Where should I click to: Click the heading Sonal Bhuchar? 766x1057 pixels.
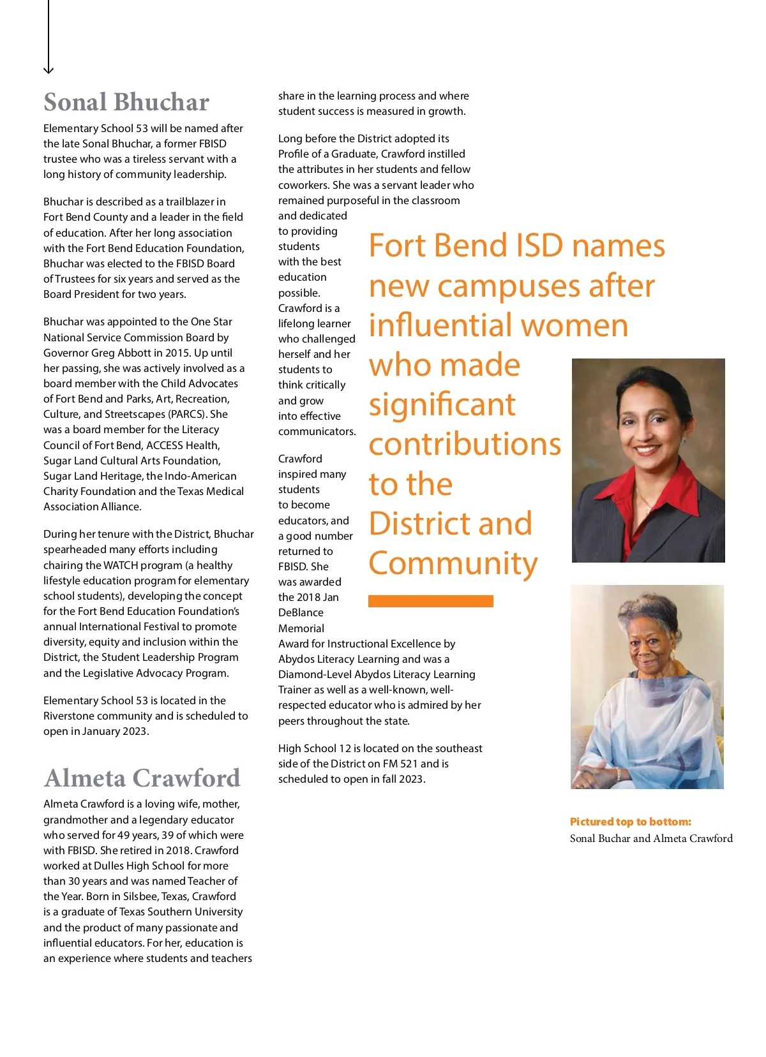click(x=126, y=103)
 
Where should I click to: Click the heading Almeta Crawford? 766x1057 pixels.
click(x=142, y=778)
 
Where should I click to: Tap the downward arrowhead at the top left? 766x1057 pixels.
click(x=49, y=70)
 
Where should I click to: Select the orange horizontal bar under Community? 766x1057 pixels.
click(x=430, y=601)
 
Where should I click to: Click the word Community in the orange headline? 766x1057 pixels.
click(x=453, y=563)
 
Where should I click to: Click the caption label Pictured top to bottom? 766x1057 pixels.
click(x=630, y=822)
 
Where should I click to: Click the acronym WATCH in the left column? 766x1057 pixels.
click(x=121, y=565)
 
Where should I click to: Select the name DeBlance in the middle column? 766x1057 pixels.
click(x=301, y=612)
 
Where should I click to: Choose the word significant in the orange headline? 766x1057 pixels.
click(x=442, y=405)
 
